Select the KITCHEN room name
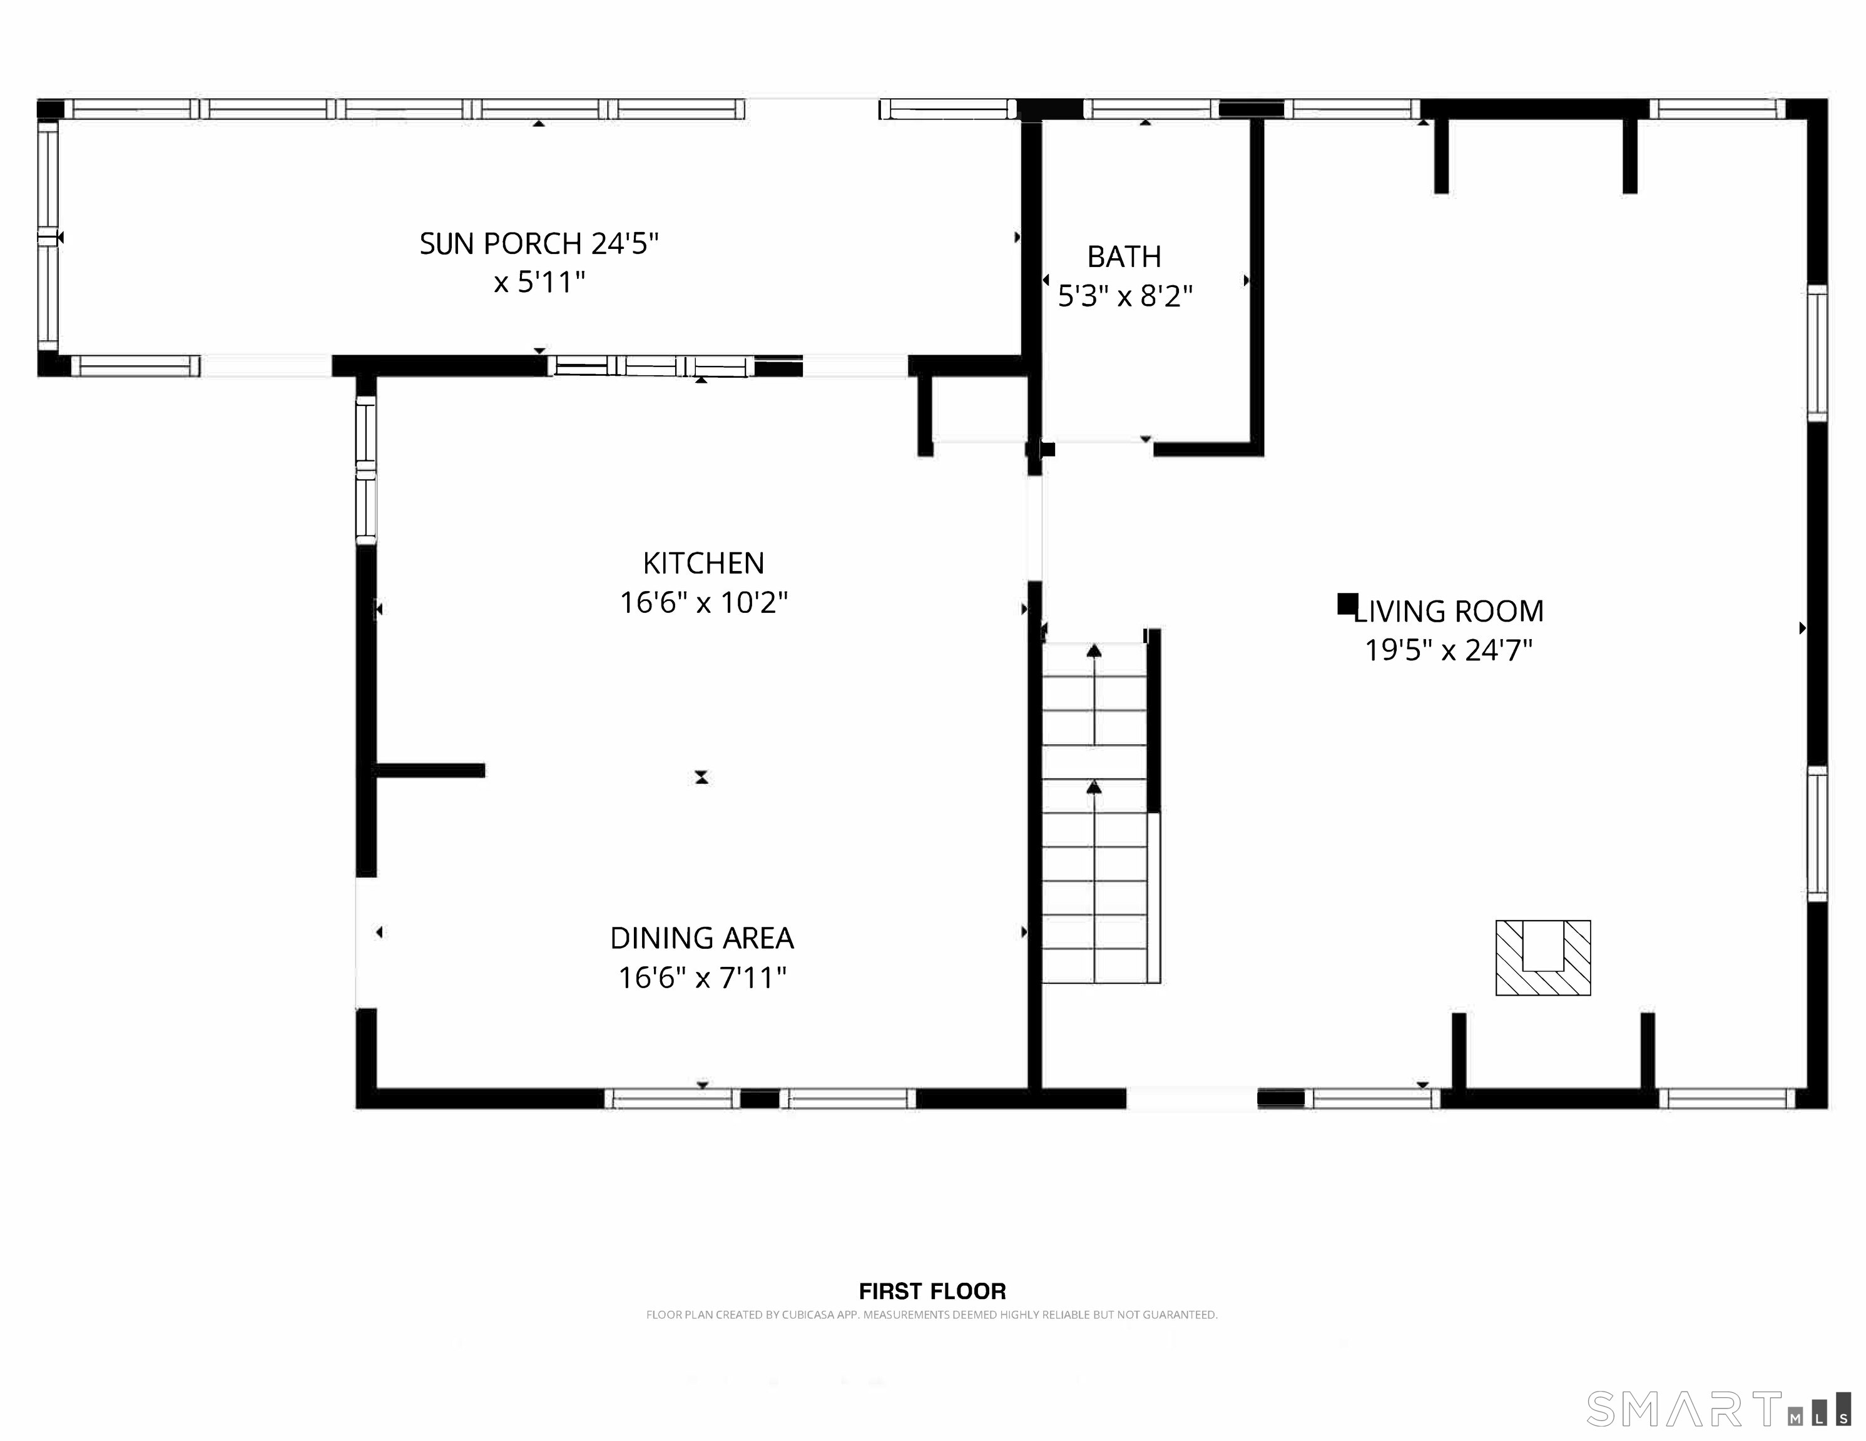click(703, 563)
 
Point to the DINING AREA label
click(701, 938)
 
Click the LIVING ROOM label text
click(1449, 612)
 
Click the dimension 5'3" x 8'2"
click(1124, 296)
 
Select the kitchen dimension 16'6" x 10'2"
click(703, 603)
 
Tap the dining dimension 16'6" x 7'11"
click(701, 977)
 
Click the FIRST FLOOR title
click(932, 1291)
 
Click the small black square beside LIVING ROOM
click(1347, 604)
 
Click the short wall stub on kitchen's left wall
click(430, 771)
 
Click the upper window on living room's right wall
click(1817, 353)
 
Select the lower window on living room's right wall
click(1817, 834)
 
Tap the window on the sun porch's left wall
click(48, 236)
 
